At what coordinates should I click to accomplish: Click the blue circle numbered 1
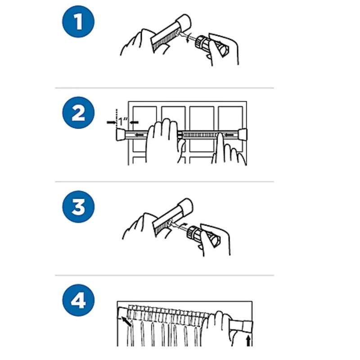78,22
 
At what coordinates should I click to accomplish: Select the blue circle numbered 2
78,113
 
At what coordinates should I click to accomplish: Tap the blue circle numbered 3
78,207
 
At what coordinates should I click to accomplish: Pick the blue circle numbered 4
78,300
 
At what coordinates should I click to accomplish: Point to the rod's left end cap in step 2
120,135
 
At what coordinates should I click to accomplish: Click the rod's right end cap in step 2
243,135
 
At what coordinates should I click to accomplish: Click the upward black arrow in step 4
248,341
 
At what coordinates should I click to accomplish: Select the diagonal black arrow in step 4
126,322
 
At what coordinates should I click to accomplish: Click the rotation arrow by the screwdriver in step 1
188,37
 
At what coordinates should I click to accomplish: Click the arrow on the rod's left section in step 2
139,135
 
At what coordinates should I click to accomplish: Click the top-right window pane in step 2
230,117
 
